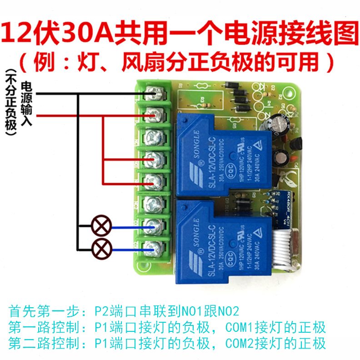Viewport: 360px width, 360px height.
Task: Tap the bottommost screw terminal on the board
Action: pyautogui.click(x=153, y=248)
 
